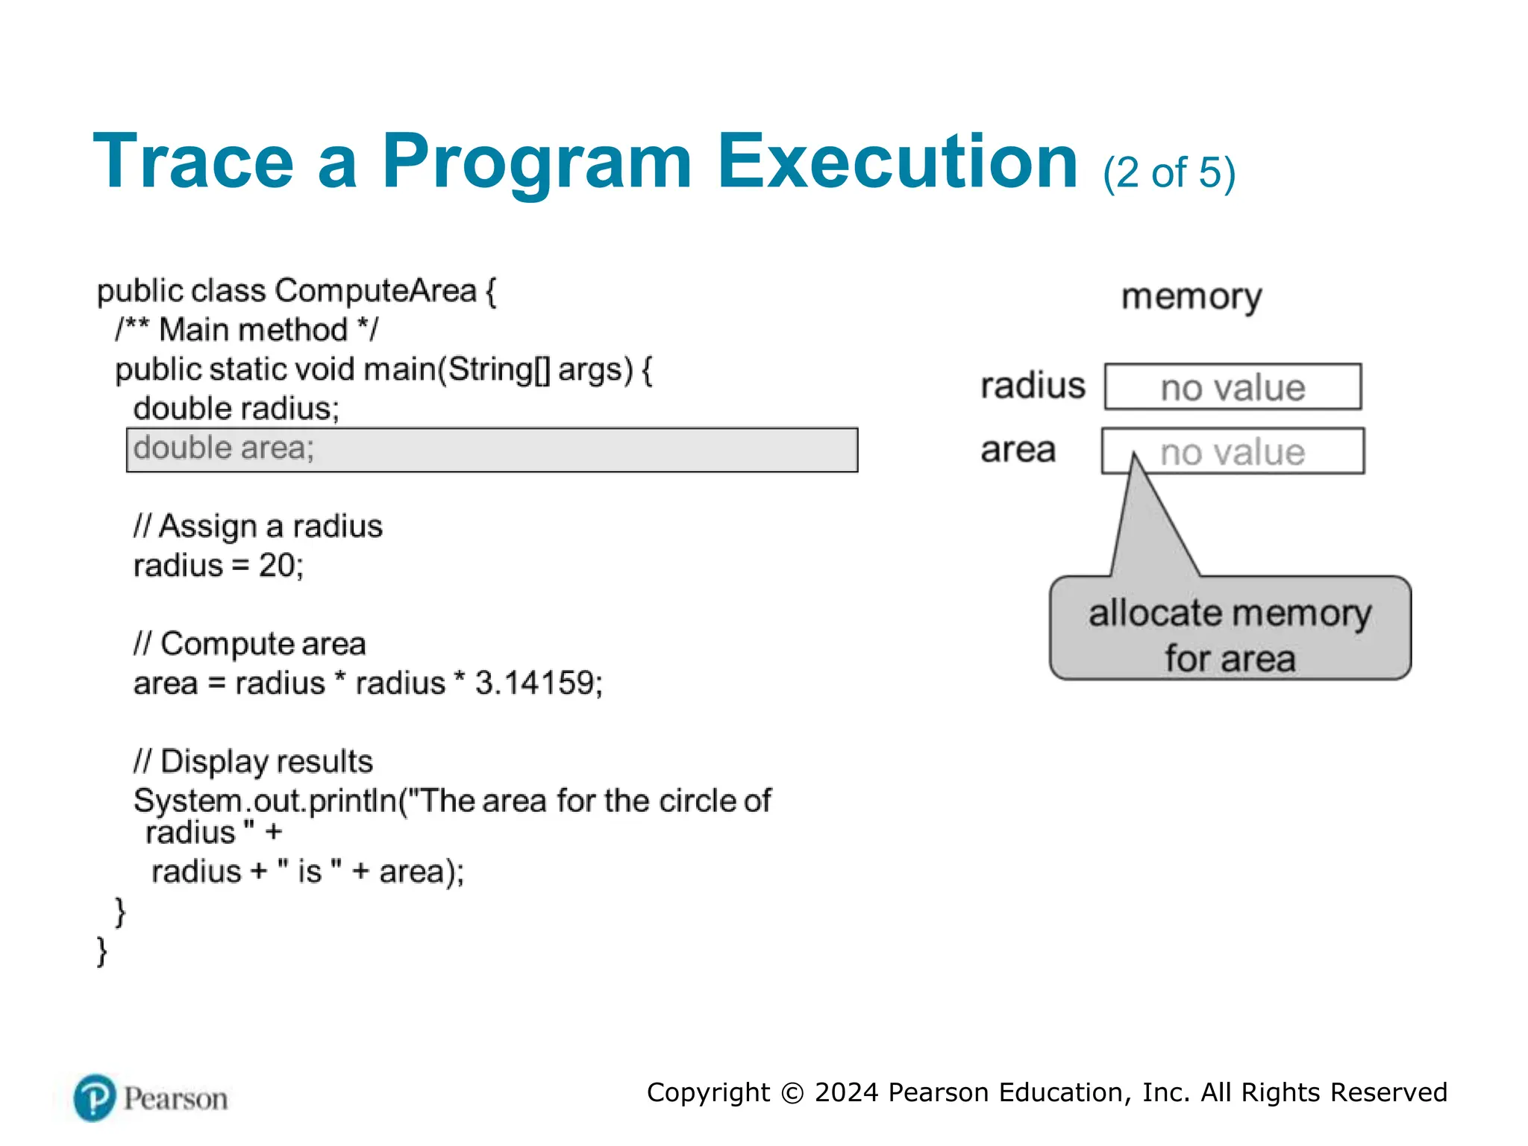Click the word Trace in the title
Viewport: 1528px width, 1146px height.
(193, 162)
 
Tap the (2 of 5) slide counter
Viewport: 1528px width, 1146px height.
(1169, 173)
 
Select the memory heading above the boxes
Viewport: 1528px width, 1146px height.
(1192, 297)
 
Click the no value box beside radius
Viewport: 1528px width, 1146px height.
(1233, 387)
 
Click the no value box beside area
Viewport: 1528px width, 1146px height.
(1233, 451)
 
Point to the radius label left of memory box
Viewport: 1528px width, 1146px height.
(1033, 386)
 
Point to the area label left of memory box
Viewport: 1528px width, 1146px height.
(1018, 450)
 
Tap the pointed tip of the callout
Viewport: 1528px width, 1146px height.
(1134, 457)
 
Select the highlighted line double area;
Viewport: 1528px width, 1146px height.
(492, 450)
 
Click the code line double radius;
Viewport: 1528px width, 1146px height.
(236, 409)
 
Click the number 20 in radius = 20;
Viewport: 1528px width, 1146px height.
(277, 566)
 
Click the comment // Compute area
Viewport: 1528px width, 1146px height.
(250, 644)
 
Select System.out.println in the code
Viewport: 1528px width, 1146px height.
(266, 801)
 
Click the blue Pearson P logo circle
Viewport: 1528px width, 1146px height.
(95, 1098)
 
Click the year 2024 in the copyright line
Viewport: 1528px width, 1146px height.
(846, 1093)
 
